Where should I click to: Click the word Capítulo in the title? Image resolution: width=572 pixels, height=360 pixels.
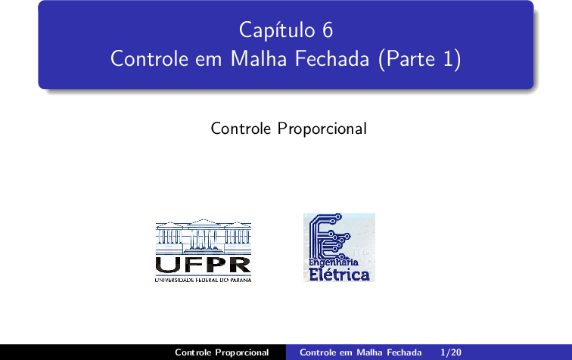277,30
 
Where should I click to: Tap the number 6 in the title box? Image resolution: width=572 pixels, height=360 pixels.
328,30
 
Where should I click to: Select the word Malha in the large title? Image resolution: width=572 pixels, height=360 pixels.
259,58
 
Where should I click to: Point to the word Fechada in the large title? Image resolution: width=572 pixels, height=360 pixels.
332,58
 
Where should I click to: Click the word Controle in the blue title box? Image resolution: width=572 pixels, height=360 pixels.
150,58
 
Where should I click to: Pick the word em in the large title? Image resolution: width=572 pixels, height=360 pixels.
209,61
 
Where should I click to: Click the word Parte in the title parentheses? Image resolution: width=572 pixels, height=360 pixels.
410,58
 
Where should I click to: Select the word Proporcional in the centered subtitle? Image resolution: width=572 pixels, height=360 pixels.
322,129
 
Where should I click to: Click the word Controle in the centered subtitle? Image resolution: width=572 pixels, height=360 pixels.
241,129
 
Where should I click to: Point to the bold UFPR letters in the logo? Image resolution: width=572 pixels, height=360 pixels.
204,265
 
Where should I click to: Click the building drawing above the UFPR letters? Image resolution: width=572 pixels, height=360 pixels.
204,237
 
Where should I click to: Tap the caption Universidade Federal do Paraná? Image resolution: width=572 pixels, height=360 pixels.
204,280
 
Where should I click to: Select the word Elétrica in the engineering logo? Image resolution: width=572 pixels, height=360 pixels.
339,275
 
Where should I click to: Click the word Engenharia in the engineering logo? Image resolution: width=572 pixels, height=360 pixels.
334,262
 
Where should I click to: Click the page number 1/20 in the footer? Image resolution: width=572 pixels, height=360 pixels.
451,352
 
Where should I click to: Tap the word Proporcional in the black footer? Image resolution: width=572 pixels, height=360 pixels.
242,352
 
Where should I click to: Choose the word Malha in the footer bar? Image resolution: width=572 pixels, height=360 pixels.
368,352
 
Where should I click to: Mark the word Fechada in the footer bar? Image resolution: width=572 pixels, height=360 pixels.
404,352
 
